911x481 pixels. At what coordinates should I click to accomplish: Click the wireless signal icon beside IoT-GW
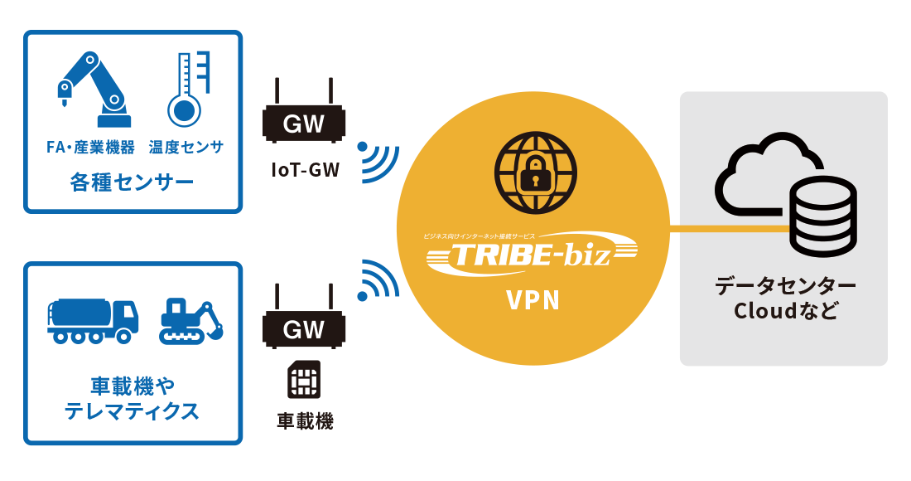pos(378,161)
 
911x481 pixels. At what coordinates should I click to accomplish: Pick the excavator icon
pos(191,320)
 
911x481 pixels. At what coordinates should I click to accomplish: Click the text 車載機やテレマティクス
pos(132,397)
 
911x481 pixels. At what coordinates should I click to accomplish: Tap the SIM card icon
pos(303,380)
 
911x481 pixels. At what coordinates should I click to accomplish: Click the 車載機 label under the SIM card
pos(304,421)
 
